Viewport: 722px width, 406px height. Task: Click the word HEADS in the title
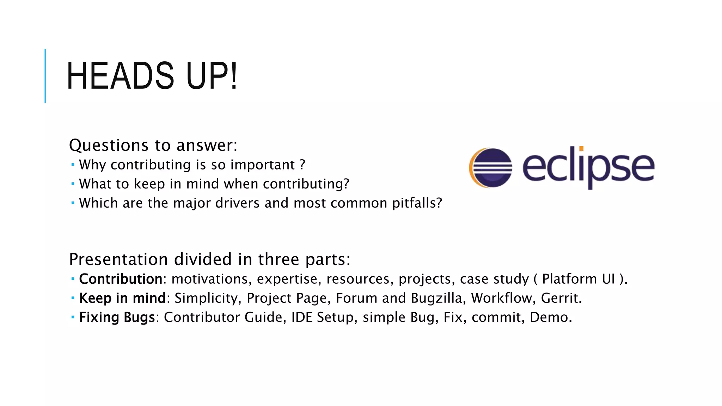coord(120,76)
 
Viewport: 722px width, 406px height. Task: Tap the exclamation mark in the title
coord(233,76)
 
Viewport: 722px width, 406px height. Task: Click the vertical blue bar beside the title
coord(45,76)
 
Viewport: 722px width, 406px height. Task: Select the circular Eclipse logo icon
coord(490,167)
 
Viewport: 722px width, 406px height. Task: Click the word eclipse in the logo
coord(588,167)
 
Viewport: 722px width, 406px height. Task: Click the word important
coord(263,165)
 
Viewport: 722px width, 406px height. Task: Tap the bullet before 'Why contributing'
coord(73,165)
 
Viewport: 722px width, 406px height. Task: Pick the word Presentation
coord(118,260)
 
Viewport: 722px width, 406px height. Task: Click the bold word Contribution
coord(121,279)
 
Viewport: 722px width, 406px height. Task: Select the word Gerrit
coord(559,298)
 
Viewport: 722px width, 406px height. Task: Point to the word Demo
coord(549,317)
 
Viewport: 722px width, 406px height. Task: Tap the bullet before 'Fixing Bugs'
coord(73,317)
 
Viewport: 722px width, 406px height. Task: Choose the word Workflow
coord(501,298)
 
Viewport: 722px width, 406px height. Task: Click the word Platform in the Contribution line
coord(570,279)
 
